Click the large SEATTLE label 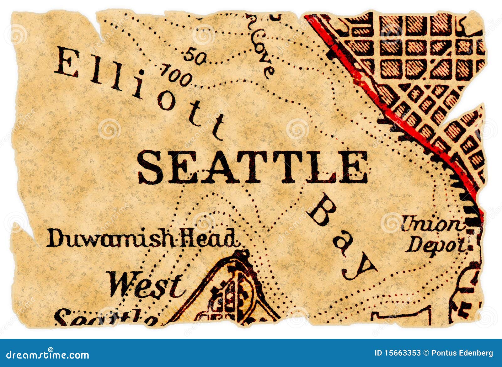click(x=253, y=167)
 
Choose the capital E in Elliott click(x=67, y=63)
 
